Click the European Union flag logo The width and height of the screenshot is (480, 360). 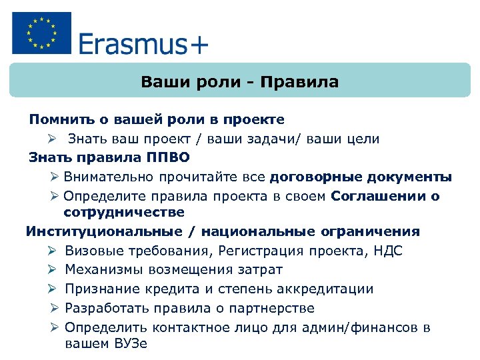coord(41,33)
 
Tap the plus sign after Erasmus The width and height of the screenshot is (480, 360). coord(199,45)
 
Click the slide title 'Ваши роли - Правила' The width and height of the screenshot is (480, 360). coord(239,83)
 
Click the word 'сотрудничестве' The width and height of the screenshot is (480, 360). coord(124,212)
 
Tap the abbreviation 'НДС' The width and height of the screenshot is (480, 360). coord(389,251)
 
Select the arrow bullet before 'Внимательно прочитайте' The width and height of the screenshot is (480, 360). coord(55,177)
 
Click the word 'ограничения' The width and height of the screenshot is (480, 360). coord(379,231)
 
